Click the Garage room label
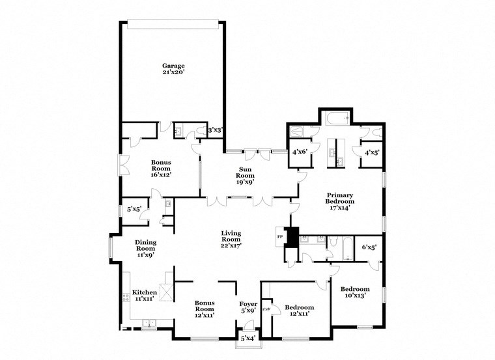(173, 65)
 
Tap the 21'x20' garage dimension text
(173, 72)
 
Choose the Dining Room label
(145, 244)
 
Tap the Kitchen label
(145, 292)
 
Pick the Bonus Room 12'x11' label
(205, 306)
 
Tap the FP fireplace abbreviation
(280, 236)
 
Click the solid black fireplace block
(292, 236)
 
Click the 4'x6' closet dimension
(299, 152)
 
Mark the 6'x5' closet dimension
(369, 247)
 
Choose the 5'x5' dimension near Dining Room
(135, 209)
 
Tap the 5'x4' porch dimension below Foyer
(247, 339)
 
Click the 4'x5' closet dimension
(371, 152)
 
